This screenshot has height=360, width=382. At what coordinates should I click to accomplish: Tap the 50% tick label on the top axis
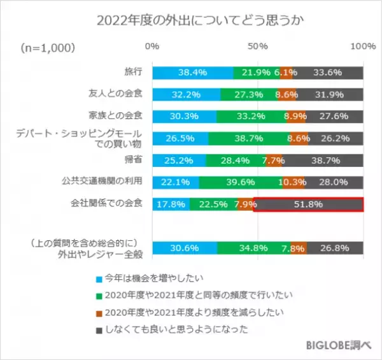(258, 47)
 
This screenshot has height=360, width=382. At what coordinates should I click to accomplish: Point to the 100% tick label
(364, 47)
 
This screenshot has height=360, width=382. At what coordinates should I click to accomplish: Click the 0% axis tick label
(152, 47)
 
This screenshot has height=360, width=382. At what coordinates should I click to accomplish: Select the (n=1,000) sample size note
(48, 48)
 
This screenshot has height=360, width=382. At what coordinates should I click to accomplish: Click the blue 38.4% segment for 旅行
(193, 72)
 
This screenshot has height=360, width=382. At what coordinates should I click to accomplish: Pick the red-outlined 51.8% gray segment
(309, 205)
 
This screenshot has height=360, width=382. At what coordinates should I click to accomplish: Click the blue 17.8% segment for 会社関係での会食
(171, 205)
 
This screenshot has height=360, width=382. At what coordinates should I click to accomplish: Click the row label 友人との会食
(115, 93)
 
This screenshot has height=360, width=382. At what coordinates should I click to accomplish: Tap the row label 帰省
(132, 159)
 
